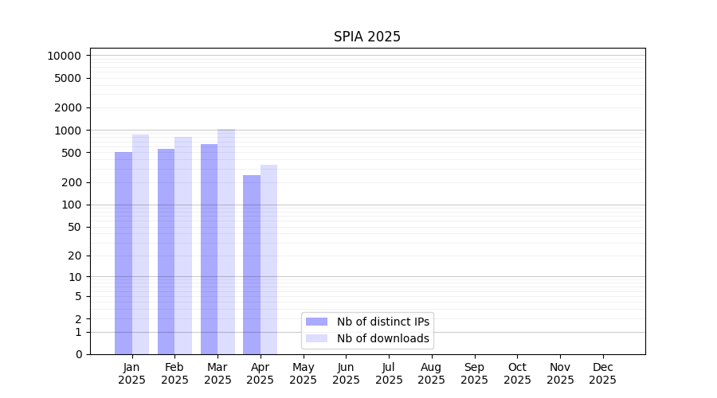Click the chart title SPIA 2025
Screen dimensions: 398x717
366,37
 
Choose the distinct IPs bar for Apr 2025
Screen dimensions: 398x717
252,264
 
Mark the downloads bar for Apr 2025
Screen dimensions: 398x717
269,259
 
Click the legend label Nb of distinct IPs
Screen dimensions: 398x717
382,322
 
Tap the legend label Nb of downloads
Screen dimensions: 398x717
382,338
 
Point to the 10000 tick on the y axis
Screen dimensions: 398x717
64,56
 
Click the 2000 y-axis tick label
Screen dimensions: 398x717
68,107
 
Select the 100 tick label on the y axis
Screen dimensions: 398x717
71,205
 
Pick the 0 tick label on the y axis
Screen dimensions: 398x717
78,354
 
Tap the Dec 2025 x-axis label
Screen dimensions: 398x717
602,373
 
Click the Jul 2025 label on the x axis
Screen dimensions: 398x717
389,373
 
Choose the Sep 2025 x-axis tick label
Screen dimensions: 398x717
474,373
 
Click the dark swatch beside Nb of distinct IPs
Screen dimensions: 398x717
316,322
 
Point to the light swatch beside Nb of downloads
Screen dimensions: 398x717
316,338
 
